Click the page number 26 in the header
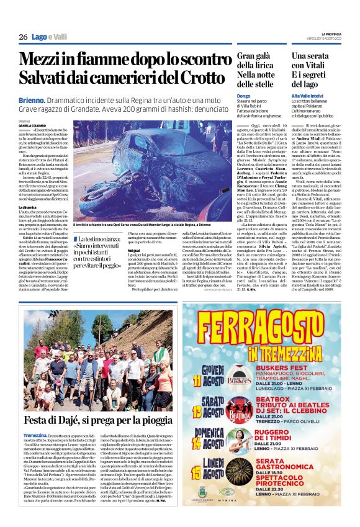pos(23,37)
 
